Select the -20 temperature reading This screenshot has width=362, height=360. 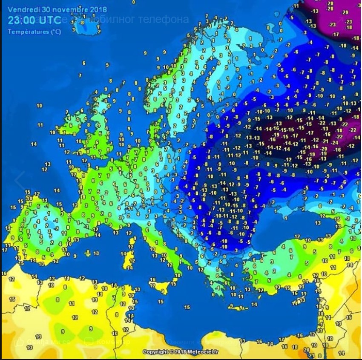tap(324, 149)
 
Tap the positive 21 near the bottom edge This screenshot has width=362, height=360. tap(312, 355)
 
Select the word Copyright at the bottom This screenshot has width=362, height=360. tap(156, 352)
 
